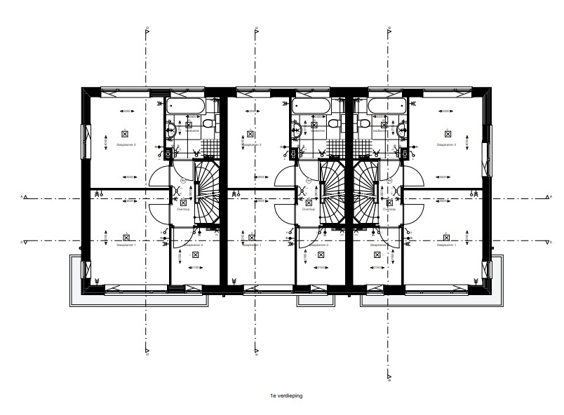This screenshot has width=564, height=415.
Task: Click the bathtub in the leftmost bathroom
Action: pyautogui.click(x=184, y=106)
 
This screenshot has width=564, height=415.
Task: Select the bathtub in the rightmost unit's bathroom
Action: pyautogui.click(x=386, y=106)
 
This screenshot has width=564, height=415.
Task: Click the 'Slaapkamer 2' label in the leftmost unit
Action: pyautogui.click(x=125, y=145)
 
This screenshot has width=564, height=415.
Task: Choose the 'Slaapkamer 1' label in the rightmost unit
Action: pyautogui.click(x=446, y=245)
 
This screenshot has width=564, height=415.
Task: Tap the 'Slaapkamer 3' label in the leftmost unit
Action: pyautogui.click(x=192, y=245)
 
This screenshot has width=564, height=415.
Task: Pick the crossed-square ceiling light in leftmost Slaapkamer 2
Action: pyautogui.click(x=125, y=132)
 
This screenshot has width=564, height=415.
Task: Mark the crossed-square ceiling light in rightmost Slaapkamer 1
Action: pyautogui.click(x=447, y=235)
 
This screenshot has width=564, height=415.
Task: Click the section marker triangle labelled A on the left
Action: pyautogui.click(x=26, y=198)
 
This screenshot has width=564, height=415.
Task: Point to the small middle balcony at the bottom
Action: pyautogui.click(x=314, y=299)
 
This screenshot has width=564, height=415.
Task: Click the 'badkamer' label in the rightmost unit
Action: pyautogui.click(x=380, y=130)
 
